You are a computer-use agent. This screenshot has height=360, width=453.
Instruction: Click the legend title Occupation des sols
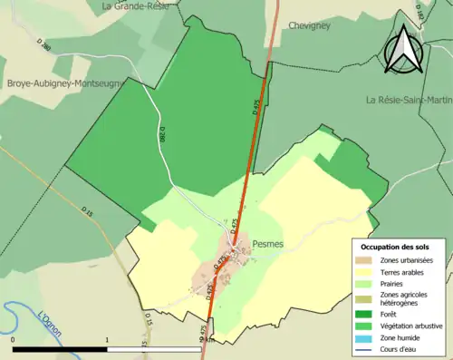tap(395, 247)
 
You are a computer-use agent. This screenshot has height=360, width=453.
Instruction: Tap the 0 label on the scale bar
tap(14, 340)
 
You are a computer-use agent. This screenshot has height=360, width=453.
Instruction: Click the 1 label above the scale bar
tap(107, 340)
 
